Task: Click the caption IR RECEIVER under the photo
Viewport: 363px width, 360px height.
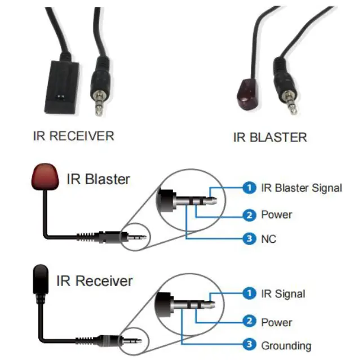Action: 73,136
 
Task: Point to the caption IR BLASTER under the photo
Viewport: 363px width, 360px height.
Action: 270,137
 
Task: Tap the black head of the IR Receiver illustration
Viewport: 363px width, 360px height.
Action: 40,279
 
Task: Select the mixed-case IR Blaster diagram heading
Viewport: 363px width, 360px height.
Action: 98,180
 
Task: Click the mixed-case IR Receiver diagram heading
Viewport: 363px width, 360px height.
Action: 95,281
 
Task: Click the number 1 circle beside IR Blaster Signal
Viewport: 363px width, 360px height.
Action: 249,188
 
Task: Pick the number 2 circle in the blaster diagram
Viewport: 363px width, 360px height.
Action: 249,215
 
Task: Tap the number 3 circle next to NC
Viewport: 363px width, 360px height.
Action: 249,239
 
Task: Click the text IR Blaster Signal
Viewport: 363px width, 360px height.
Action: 302,188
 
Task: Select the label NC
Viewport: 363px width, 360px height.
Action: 269,239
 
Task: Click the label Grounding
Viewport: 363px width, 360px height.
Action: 286,345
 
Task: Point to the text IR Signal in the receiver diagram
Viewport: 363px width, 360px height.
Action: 283,294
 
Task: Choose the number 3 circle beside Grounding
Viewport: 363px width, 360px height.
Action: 249,345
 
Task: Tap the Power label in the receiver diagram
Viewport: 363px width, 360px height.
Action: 276,322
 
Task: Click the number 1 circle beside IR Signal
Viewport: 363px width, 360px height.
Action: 249,294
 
